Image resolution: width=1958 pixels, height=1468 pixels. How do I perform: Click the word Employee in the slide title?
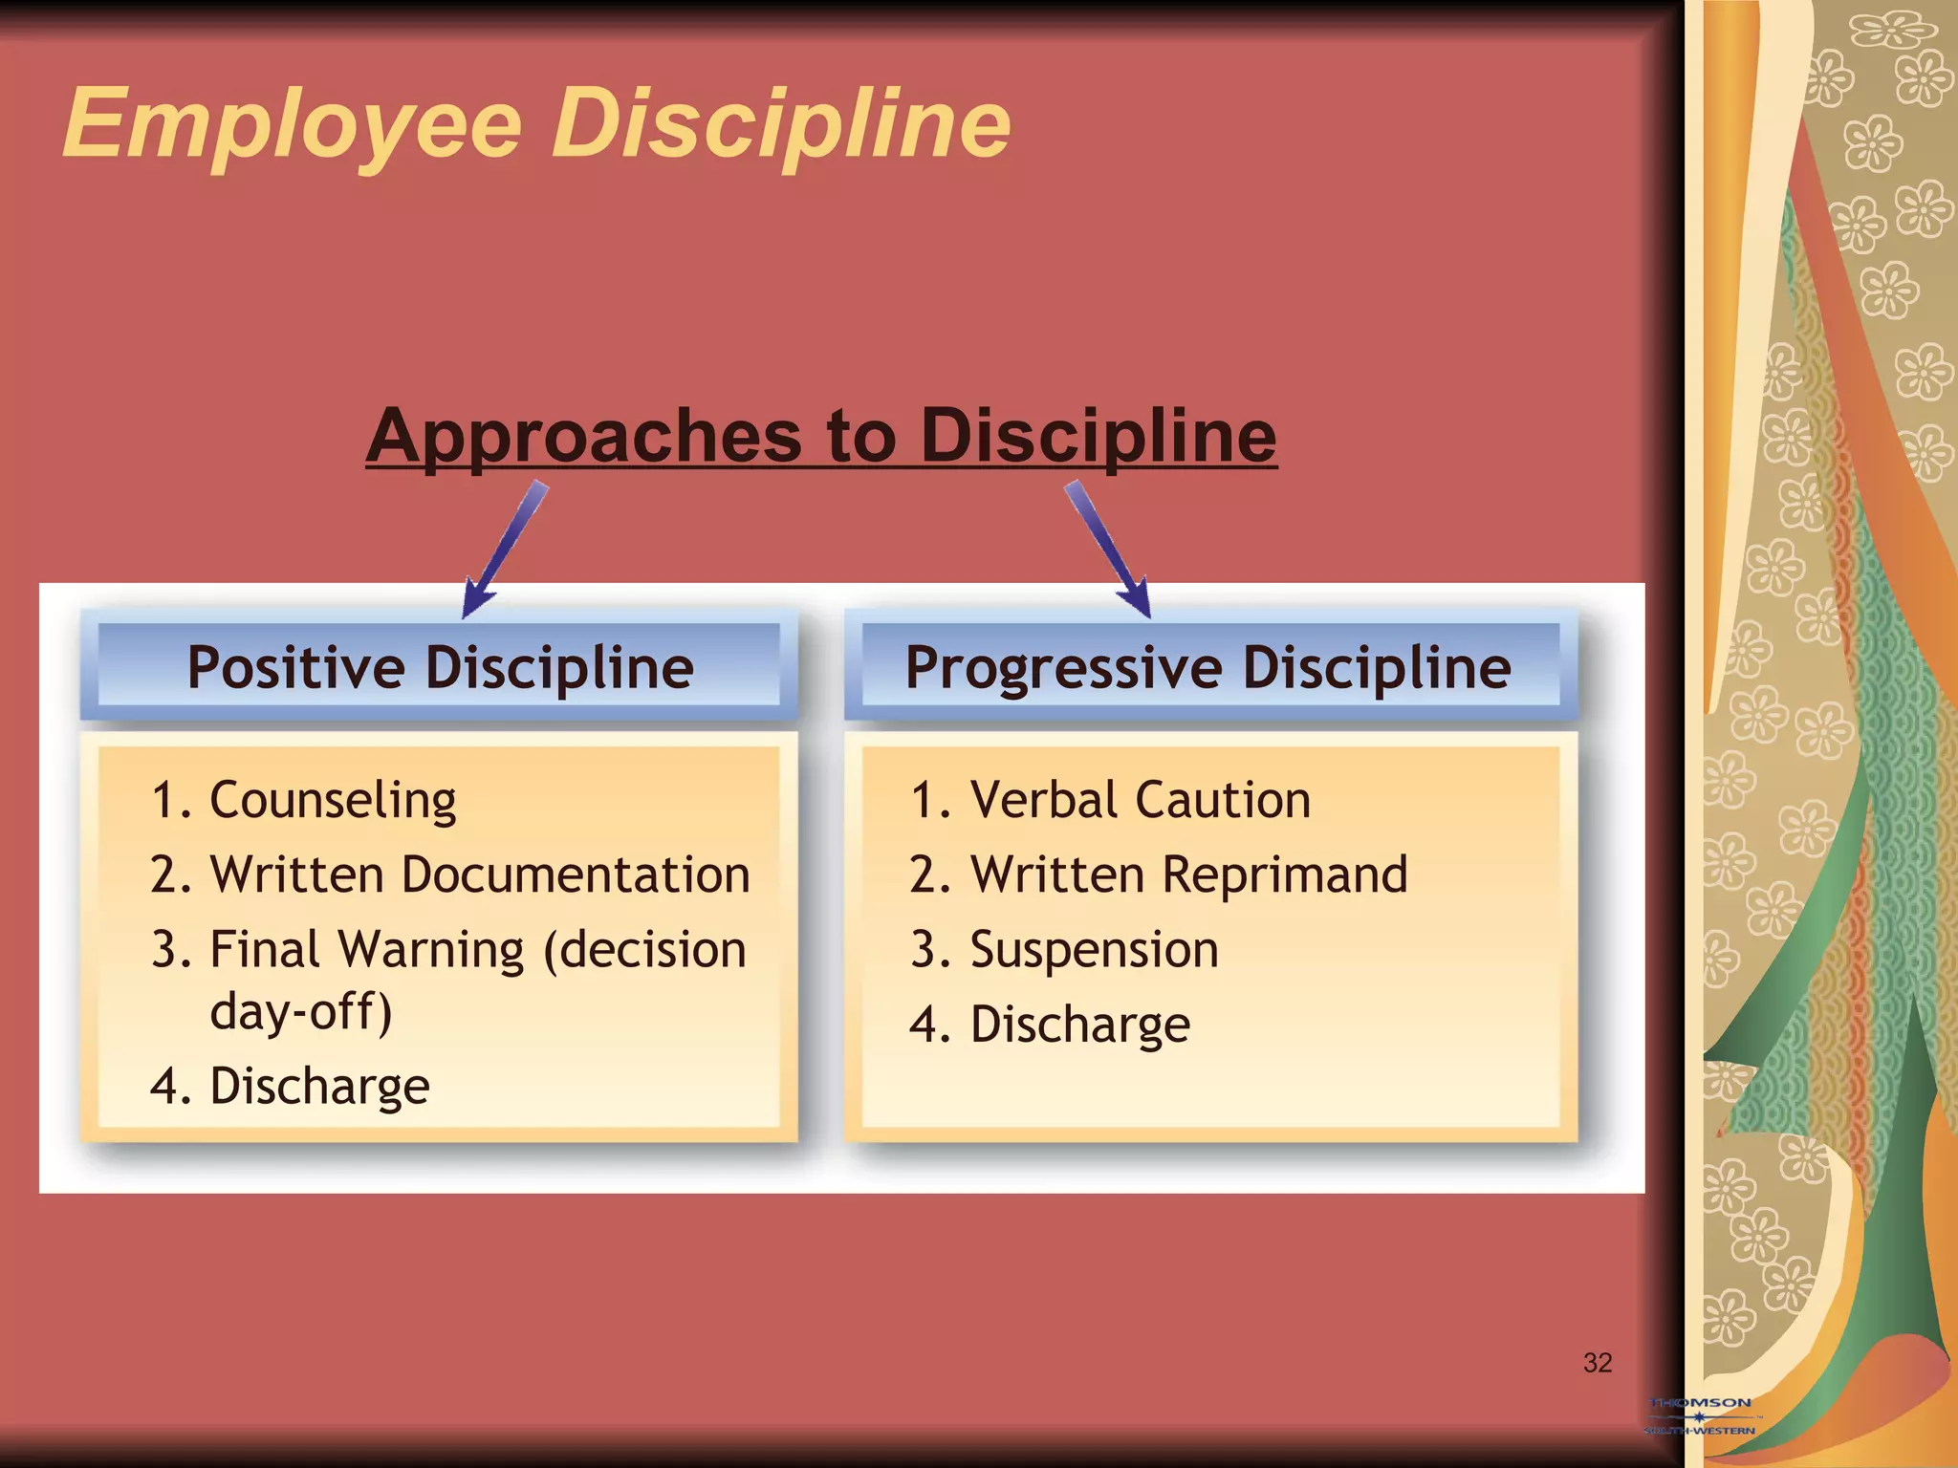coord(292,124)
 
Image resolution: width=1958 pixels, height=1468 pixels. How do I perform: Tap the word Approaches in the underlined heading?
coord(583,437)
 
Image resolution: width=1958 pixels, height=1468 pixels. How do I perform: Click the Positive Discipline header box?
coord(439,667)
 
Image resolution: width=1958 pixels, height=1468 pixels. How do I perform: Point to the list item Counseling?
coord(332,800)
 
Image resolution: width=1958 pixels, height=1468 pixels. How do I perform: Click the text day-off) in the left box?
coord(300,1011)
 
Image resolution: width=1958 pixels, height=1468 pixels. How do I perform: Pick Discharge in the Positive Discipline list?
coord(319,1087)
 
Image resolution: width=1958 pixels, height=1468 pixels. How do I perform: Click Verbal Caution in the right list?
coord(1140,800)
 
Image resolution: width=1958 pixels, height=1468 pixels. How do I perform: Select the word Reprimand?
coord(1285,874)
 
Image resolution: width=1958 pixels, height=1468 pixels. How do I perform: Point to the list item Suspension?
coord(1094,950)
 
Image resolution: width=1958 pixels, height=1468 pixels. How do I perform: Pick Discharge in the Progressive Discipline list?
coord(1080,1025)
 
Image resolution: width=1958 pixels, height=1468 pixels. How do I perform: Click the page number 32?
coord(1598,1363)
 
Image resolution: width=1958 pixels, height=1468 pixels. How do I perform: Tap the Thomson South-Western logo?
coord(1700,1415)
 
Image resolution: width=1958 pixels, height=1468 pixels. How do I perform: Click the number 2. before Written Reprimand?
coord(930,875)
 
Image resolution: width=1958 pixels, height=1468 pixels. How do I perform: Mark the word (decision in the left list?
coord(644,950)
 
